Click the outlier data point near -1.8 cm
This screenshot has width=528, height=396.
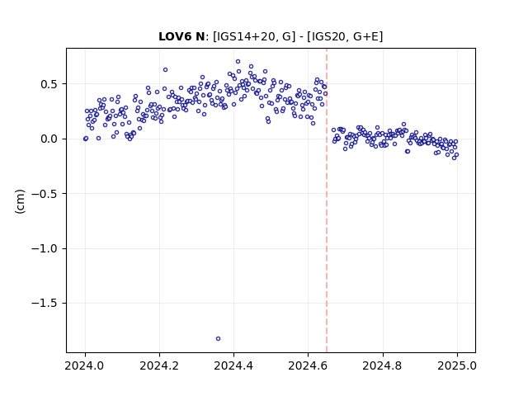218,339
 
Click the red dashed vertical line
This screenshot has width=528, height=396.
327,200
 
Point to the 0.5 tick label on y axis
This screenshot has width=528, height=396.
49,84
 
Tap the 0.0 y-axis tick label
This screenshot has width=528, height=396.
49,139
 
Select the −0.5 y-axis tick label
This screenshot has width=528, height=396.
45,194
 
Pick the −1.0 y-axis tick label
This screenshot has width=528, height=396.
45,248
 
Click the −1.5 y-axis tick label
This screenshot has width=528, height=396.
45,304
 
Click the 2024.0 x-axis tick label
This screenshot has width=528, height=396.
85,365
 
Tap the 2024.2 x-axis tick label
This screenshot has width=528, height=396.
159,365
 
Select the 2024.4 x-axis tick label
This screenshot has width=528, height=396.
233,365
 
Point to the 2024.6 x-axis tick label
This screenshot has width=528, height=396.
308,365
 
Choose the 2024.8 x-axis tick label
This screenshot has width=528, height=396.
383,365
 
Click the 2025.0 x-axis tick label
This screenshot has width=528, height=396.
457,365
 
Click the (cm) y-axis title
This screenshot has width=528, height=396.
20,201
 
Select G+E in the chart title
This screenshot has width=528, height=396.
366,36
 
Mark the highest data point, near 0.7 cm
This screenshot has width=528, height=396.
238,62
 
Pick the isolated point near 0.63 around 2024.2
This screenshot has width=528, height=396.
165,69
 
